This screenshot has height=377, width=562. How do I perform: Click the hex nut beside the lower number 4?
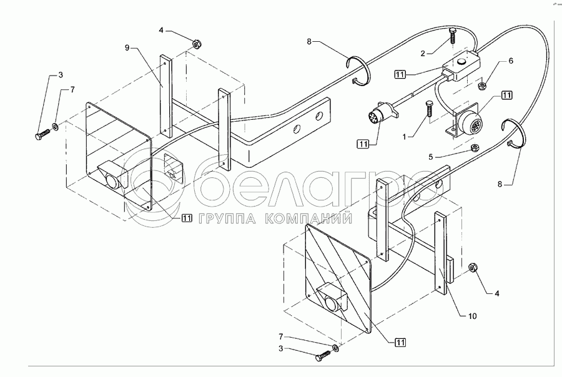click(x=473, y=268)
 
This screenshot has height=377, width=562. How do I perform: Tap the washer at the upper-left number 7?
click(x=56, y=127)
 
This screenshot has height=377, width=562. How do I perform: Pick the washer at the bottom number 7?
click(x=336, y=346)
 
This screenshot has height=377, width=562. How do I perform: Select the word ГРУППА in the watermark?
click(x=229, y=219)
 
